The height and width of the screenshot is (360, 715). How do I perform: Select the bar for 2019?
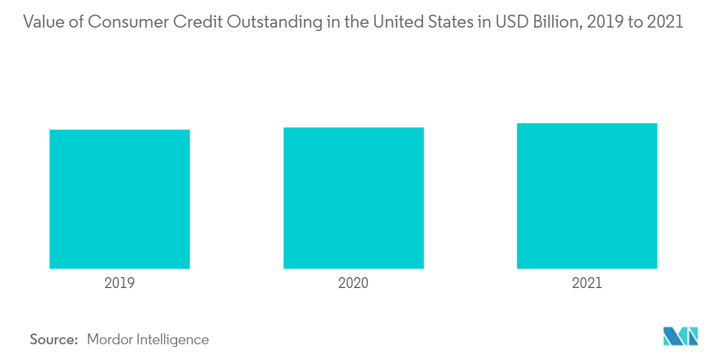click(120, 199)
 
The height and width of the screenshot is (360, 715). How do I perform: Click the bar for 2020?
click(353, 198)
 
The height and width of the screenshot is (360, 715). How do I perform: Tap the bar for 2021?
click(587, 195)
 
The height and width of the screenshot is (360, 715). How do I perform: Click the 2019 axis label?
click(120, 283)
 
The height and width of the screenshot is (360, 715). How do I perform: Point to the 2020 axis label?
click(353, 283)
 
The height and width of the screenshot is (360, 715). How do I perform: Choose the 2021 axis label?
click(587, 283)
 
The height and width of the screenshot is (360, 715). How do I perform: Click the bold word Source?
click(54, 340)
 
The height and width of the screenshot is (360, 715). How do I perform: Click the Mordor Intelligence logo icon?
click(680, 336)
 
